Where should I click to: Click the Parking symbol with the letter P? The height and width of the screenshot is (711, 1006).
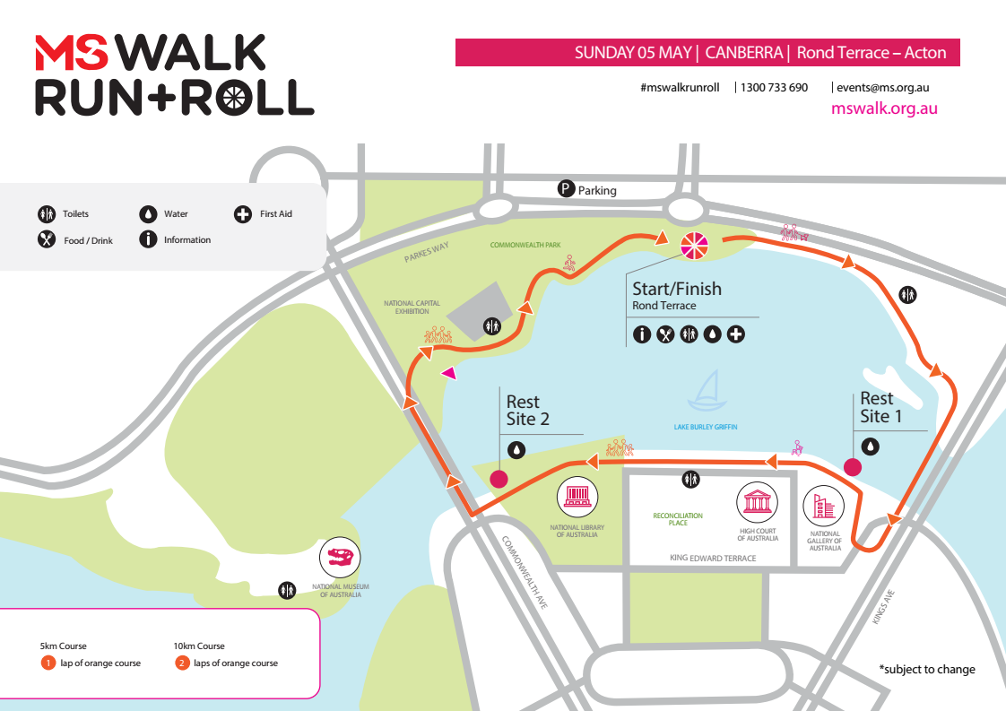(566, 188)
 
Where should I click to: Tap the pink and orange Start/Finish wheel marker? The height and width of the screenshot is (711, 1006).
(695, 245)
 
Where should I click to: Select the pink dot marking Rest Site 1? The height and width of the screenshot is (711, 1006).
(853, 466)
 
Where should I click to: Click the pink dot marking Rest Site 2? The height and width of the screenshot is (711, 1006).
(499, 479)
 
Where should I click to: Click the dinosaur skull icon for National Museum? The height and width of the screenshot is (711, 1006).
(340, 559)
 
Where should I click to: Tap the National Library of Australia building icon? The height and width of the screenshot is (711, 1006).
(577, 498)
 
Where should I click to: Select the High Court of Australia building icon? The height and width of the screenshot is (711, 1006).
(757, 502)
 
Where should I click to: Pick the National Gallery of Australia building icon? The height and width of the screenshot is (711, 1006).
(822, 507)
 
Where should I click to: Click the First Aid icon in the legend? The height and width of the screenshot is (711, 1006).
(242, 214)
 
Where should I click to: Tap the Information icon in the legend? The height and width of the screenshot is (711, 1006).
(148, 239)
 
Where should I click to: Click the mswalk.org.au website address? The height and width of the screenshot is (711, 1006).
(884, 108)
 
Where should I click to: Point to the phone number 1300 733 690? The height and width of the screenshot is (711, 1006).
(774, 88)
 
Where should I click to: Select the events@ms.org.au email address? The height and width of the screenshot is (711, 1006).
(882, 88)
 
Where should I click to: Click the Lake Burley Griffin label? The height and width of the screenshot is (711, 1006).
(706, 427)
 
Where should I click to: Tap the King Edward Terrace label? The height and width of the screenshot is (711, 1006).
(713, 558)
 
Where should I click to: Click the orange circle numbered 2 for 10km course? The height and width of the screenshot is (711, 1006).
(182, 663)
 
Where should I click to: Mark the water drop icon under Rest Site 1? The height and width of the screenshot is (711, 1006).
(870, 446)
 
